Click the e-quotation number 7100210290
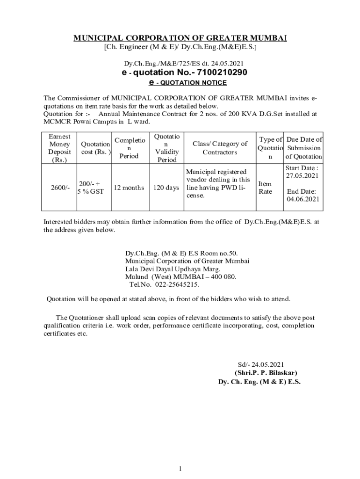[x=223, y=73]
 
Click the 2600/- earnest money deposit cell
[x=59, y=188]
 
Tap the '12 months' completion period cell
[x=126, y=188]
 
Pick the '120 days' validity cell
[x=167, y=188]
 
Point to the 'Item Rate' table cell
[x=265, y=188]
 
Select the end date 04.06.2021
[x=303, y=199]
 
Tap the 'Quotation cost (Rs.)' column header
[x=96, y=148]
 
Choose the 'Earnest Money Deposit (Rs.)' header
[x=59, y=148]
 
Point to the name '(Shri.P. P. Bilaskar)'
[x=266, y=373]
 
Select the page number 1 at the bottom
[x=180, y=469]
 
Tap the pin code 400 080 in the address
[x=223, y=276]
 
